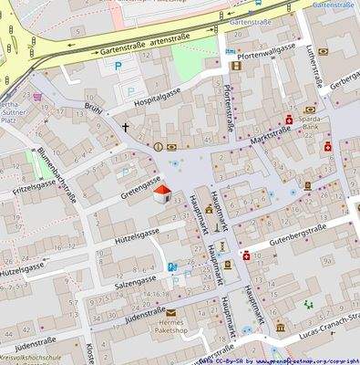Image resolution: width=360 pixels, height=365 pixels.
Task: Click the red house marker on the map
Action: [161, 193]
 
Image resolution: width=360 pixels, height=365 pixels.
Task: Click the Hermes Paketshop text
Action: [170, 329]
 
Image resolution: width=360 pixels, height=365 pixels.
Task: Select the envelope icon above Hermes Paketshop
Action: [170, 312]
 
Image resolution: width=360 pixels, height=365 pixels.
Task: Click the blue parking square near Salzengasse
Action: [170, 267]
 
